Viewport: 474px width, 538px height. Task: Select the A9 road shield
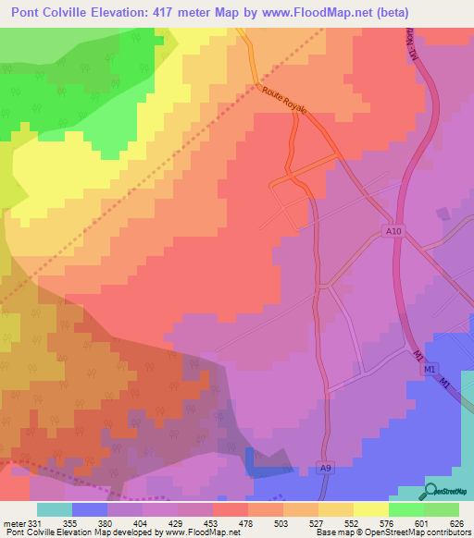pos(323,469)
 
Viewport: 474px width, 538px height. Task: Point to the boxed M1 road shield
pos(430,370)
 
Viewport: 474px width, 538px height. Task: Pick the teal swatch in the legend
pos(55,509)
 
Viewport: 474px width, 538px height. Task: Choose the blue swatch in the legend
pos(90,509)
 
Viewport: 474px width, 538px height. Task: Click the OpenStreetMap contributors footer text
pos(393,532)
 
